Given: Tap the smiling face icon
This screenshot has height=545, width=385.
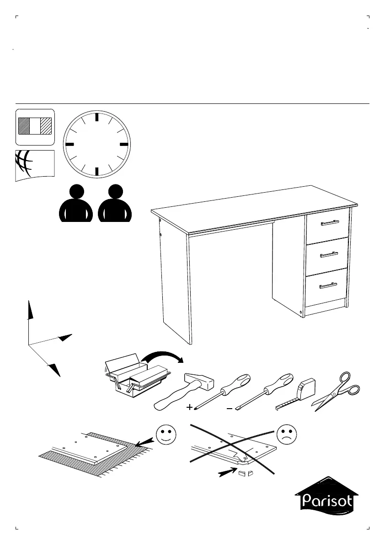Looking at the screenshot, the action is (166, 434).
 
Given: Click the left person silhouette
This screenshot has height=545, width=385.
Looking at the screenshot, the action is (76, 204).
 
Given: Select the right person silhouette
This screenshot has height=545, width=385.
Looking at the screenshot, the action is (115, 204).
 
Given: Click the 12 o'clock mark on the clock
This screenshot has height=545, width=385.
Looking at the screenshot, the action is (97, 117).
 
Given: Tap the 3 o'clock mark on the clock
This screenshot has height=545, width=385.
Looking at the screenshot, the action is (123, 144).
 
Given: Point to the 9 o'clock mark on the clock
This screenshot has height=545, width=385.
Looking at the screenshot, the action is (70, 144).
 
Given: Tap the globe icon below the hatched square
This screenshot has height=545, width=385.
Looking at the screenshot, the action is (34, 165).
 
